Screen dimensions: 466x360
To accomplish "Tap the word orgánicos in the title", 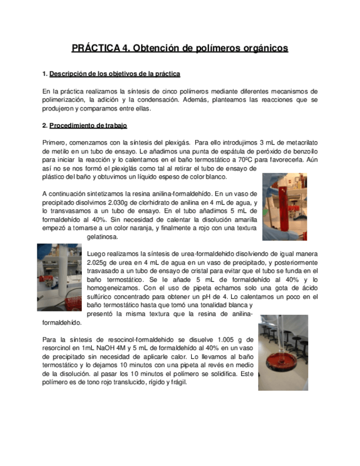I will tap(262, 48).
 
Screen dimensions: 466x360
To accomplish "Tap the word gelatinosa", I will tap(103, 237).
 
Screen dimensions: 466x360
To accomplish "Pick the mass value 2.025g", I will tap(99, 263).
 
